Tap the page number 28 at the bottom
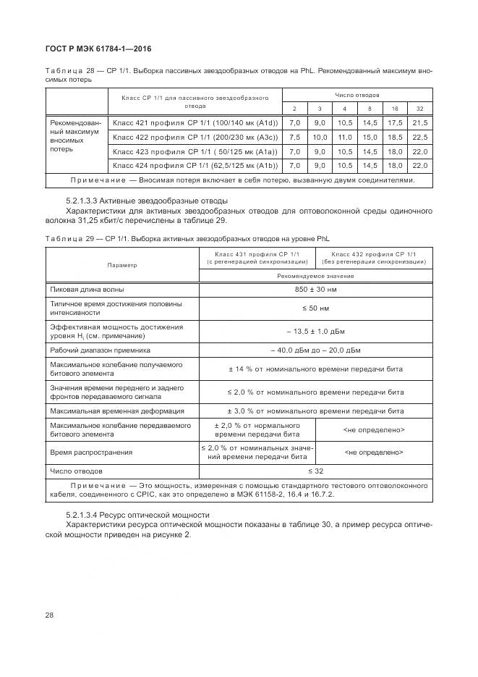click(49, 615)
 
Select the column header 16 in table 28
click(396, 108)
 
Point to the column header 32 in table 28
click(419, 108)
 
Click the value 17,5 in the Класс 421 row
click(396, 123)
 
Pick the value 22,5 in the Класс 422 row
click(419, 137)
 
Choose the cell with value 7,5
click(294, 137)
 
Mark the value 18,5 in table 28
click(396, 137)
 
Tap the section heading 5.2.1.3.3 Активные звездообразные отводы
click(147, 200)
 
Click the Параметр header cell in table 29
click(121, 265)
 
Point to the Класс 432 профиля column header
click(374, 258)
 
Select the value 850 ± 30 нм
click(315, 290)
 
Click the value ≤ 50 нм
click(315, 308)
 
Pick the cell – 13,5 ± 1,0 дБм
click(315, 331)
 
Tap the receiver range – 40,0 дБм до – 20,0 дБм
click(315, 350)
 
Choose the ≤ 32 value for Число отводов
click(315, 471)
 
